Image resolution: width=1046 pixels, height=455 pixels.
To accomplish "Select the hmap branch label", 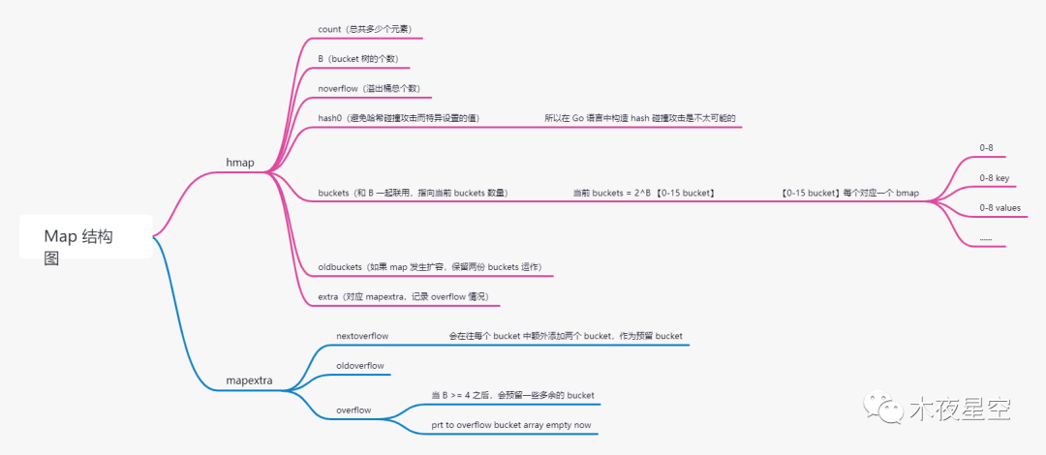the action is pyautogui.click(x=239, y=163).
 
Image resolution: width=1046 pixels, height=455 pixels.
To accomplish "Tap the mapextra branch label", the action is pyautogui.click(x=249, y=381).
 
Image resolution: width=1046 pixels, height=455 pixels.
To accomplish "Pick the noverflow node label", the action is pyautogui.click(x=368, y=88).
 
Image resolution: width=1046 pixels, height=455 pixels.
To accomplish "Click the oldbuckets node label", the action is pyautogui.click(x=429, y=266).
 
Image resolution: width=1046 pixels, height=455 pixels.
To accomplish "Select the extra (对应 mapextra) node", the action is pyautogui.click(x=402, y=296).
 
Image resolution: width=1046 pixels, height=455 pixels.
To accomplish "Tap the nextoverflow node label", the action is pyautogui.click(x=362, y=336).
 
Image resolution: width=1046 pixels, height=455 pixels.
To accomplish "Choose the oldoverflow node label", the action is pyautogui.click(x=360, y=366).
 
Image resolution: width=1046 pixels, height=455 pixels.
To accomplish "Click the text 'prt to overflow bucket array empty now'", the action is pyautogui.click(x=510, y=425).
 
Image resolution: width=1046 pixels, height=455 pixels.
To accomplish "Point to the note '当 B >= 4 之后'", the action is pyautogui.click(x=512, y=395).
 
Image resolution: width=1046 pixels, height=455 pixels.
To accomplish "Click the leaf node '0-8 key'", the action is pyautogui.click(x=995, y=178).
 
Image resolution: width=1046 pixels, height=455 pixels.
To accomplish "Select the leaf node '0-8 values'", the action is pyautogui.click(x=1000, y=207).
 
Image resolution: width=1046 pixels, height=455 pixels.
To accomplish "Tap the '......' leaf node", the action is pyautogui.click(x=986, y=237).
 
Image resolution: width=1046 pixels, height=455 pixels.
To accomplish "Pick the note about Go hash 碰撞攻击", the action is pyautogui.click(x=640, y=118).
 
